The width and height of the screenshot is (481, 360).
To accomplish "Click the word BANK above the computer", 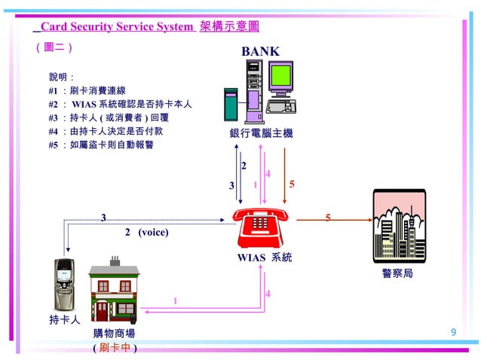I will click(260, 51).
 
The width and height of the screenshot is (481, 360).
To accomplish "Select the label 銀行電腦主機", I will click(261, 133).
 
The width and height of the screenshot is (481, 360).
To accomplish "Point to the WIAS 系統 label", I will click(264, 258).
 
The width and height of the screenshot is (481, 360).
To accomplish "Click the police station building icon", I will click(399, 225).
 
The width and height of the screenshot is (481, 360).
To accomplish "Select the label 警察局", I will click(397, 273).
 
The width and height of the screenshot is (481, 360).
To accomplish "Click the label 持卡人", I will click(64, 319).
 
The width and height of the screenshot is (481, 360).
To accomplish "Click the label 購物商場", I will click(115, 333).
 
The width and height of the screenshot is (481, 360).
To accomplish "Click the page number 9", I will click(453, 332).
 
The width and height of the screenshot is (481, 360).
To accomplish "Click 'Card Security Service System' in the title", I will click(117, 26).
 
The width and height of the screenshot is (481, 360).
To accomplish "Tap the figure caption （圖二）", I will click(54, 47).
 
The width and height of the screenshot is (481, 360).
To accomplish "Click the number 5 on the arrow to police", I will click(328, 218).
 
